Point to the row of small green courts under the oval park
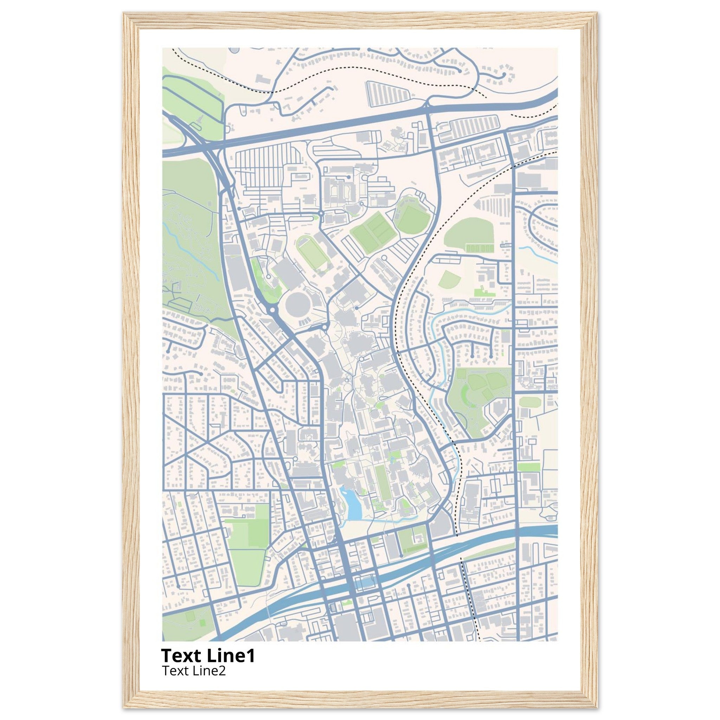tap(480, 247)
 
